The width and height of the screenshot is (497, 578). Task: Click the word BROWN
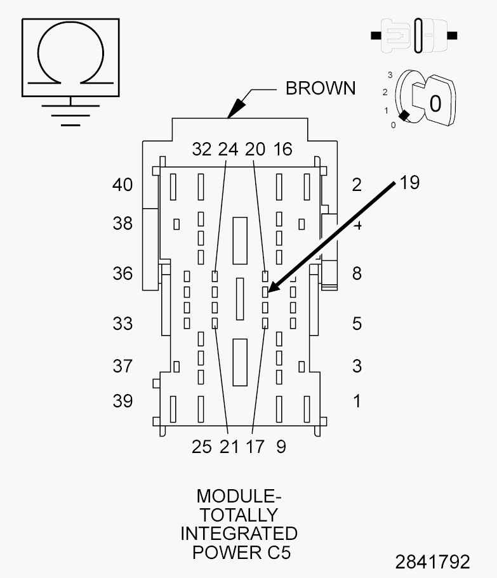pos(321,88)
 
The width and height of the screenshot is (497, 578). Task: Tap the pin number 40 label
pos(123,184)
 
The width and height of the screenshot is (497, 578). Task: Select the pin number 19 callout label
pos(409,183)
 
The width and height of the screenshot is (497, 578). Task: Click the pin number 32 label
pos(202,149)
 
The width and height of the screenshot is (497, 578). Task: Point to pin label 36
pos(123,273)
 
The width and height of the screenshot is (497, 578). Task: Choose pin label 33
pos(123,324)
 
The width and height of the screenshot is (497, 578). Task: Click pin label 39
pos(123,401)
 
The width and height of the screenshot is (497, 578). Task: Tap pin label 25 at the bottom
pos(202,447)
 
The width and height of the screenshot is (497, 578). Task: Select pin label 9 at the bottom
pos(281,447)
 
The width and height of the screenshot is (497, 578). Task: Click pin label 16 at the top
pos(283,149)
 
